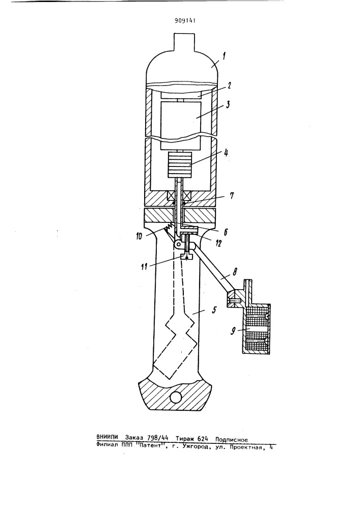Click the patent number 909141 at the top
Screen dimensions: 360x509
point(184,21)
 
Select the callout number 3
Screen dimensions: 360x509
point(228,105)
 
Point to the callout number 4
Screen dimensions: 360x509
point(226,152)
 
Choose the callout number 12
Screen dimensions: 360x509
point(218,242)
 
